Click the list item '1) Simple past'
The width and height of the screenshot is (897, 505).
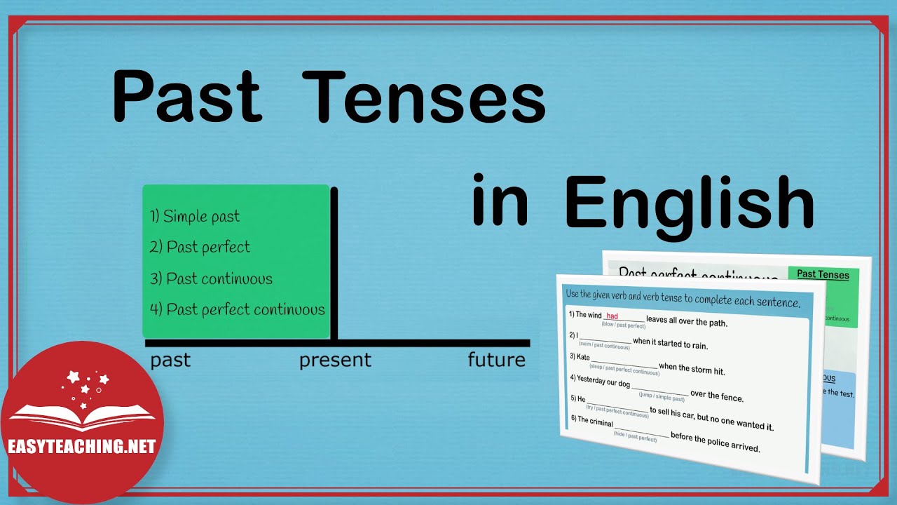pyautogui.click(x=195, y=216)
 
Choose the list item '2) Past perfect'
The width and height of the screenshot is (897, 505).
pyautogui.click(x=200, y=247)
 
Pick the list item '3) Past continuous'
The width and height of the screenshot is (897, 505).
pyautogui.click(x=211, y=278)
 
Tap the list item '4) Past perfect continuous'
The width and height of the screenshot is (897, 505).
pyautogui.click(x=238, y=309)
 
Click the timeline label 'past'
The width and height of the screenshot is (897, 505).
pyautogui.click(x=170, y=361)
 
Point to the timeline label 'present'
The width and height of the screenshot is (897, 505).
pyautogui.click(x=335, y=361)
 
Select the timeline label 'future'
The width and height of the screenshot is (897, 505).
pyautogui.click(x=497, y=361)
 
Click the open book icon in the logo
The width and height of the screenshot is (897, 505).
pyautogui.click(x=83, y=415)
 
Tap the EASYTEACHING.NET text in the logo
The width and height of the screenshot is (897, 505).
pyautogui.click(x=81, y=447)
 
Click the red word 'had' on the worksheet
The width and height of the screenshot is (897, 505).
pyautogui.click(x=612, y=317)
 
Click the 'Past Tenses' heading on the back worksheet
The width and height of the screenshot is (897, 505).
pyautogui.click(x=823, y=274)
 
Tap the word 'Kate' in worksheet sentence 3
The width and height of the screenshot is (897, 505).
pyautogui.click(x=583, y=357)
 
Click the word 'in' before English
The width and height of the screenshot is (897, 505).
pyautogui.click(x=499, y=202)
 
